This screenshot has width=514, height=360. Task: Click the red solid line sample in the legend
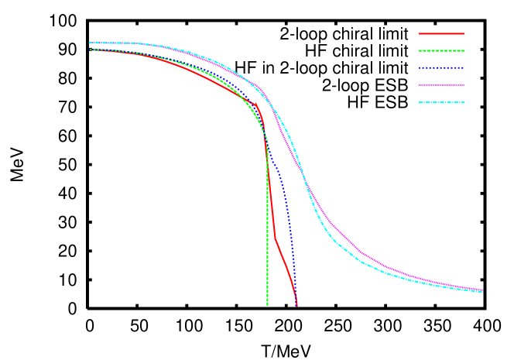coord(441,34)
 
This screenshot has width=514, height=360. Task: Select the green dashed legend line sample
coord(441,51)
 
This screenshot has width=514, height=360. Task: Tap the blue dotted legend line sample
coord(441,68)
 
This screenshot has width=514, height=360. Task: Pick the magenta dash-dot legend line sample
coord(441,85)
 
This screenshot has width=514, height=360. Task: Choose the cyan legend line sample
coord(441,102)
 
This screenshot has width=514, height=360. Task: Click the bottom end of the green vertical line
coord(268,305)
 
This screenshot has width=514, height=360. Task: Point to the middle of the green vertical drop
coord(268,225)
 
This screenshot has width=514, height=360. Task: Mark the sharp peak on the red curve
coord(257,103)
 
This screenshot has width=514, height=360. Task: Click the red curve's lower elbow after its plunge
coord(275,238)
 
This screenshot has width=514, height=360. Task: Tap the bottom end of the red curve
coord(296,306)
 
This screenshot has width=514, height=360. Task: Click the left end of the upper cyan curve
coord(90,43)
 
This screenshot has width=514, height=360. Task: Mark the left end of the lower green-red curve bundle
coord(91,50)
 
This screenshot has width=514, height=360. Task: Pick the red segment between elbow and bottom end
coord(285,267)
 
